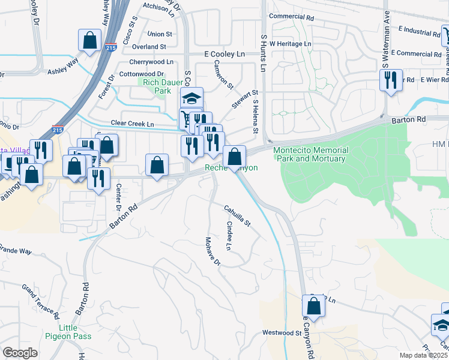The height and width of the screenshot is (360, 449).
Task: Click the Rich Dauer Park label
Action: pos(154,86)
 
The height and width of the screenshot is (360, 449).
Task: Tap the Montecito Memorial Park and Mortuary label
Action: pos(310,154)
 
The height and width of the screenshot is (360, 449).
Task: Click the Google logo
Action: pos(19,353)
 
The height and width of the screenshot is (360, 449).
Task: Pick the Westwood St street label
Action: pos(281,332)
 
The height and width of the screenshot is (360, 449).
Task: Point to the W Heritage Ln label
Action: pos(291,44)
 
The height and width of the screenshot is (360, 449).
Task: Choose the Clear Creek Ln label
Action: pos(133,124)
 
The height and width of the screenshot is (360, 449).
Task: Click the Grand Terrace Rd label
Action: pos(41,302)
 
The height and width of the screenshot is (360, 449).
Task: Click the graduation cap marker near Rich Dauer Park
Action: pos(193,97)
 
